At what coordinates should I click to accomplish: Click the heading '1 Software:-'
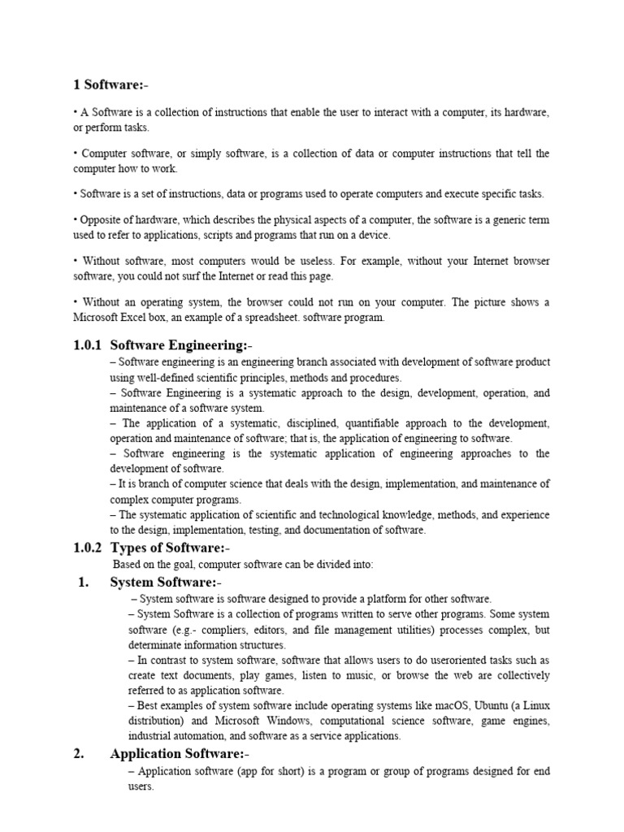(x=111, y=85)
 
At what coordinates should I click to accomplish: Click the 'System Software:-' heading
(x=165, y=583)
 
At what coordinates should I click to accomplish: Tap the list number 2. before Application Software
(x=79, y=754)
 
